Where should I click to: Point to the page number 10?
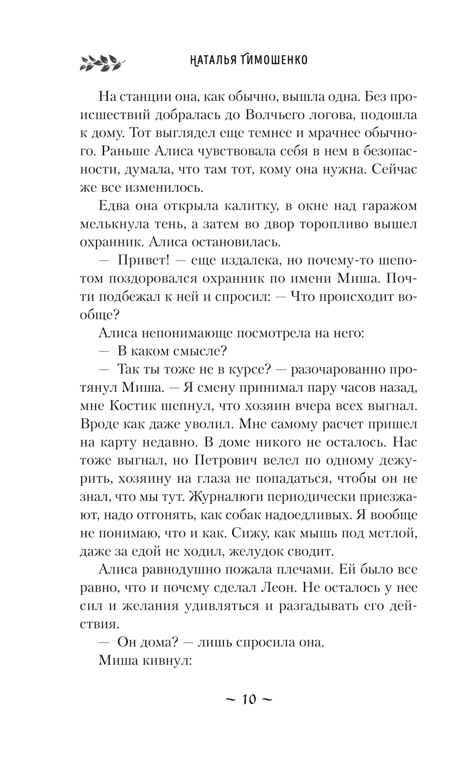(x=248, y=699)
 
